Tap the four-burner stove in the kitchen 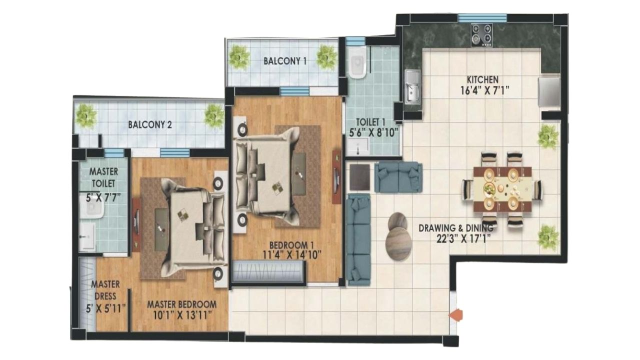481,35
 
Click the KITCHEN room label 482,79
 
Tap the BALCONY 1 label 285,61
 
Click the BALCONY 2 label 149,124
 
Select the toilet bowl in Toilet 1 357,63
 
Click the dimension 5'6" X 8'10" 373,132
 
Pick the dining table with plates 502,189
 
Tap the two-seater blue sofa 398,177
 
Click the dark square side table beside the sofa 359,177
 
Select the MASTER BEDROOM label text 181,304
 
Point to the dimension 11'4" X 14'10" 291,254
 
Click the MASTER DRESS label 105,290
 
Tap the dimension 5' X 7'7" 103,197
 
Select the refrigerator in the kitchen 549,92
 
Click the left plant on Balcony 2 85,115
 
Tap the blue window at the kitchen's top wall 482,18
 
